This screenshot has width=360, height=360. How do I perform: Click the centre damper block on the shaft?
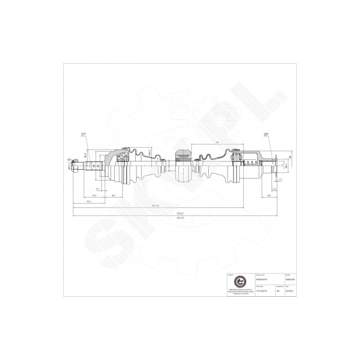(x=183, y=166)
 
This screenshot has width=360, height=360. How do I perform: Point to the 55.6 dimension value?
(x=95, y=195)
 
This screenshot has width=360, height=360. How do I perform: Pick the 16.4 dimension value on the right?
(x=275, y=189)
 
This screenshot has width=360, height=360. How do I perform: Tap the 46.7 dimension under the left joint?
(x=113, y=196)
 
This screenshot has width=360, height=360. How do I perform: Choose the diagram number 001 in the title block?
(x=278, y=290)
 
